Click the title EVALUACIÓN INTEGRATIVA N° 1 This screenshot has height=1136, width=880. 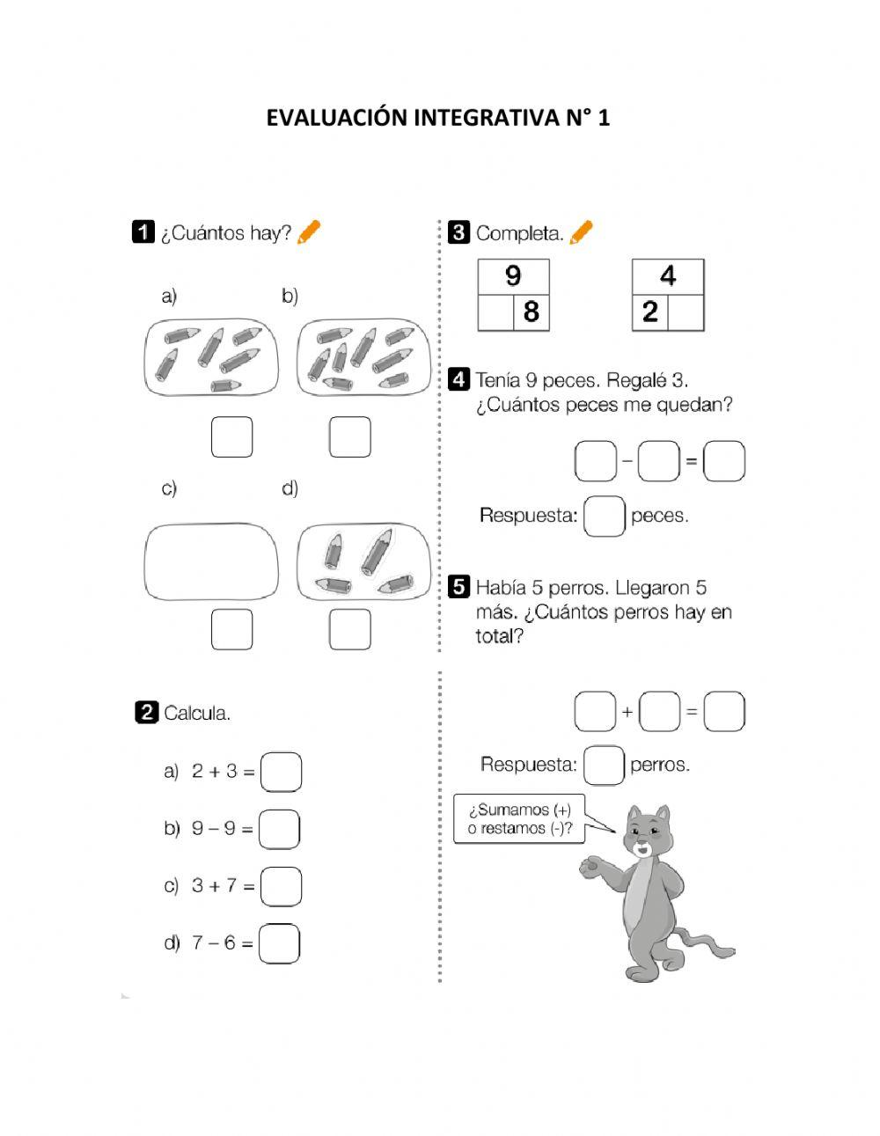(437, 118)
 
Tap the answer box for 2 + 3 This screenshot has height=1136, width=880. (282, 772)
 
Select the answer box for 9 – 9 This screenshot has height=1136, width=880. (280, 829)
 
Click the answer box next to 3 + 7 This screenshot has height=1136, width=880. (282, 886)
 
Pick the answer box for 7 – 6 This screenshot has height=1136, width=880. (280, 943)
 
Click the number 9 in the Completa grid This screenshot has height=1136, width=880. (513, 276)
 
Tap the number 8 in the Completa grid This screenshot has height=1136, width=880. (532, 312)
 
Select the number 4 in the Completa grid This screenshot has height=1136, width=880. (668, 276)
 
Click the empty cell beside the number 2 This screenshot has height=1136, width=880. (686, 312)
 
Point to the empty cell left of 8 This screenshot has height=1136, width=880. (495, 312)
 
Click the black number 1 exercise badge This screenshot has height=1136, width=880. (143, 232)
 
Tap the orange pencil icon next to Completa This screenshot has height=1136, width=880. (582, 232)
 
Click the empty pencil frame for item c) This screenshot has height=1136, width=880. (210, 561)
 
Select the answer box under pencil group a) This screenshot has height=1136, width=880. (231, 437)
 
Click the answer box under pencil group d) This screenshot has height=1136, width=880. (349, 630)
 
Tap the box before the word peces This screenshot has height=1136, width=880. (605, 516)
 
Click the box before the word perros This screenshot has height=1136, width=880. (605, 765)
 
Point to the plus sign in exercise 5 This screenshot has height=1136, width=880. (627, 711)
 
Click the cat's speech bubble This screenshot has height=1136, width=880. (520, 819)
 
